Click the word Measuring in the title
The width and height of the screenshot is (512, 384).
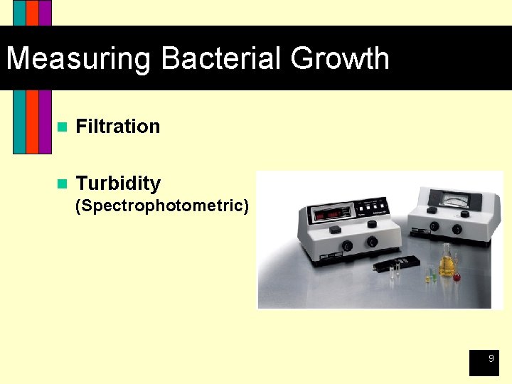click(79, 58)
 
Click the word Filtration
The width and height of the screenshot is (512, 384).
click(117, 127)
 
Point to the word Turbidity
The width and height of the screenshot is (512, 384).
click(118, 183)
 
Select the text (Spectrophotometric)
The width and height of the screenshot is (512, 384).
click(162, 206)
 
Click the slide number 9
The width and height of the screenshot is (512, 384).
click(490, 360)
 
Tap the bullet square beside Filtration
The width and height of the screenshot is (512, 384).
click(61, 127)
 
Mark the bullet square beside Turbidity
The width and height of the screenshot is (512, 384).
click(61, 184)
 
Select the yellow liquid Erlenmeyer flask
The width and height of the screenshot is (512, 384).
click(447, 264)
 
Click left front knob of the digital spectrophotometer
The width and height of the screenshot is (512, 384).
click(346, 245)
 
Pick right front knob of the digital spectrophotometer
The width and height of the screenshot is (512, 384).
click(371, 242)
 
